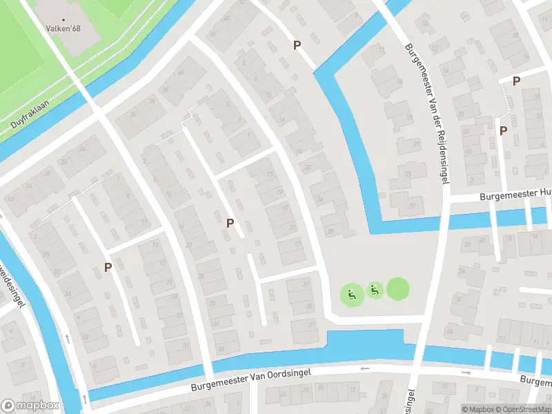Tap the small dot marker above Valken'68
click(65, 20)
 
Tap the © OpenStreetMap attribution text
click(523, 409)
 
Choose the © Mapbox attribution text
click(477, 409)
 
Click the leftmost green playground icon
click(352, 295)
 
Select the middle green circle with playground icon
click(375, 290)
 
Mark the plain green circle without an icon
click(397, 288)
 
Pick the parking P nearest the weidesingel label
click(108, 266)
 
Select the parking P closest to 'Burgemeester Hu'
click(503, 130)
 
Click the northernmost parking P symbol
click(297, 45)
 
